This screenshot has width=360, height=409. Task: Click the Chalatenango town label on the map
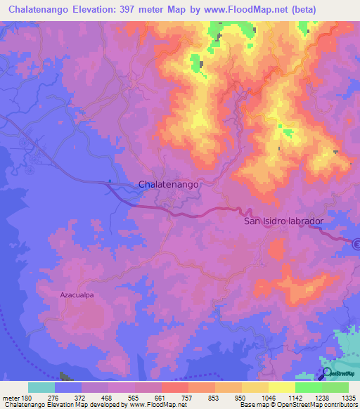pos(169,184)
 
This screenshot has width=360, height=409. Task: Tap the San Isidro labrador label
pos(283,221)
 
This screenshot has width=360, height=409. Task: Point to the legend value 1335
pos(348,398)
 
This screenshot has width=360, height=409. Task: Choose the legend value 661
pos(161,398)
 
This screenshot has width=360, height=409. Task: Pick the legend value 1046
pos(268,398)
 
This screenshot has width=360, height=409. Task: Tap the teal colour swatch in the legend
pos(41,387)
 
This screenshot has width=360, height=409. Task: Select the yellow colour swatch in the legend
pos(281,387)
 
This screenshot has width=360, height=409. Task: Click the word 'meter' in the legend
pos(11,398)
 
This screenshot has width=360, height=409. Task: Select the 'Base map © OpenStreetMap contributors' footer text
pos(298,405)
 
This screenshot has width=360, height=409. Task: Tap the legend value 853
pos(214,398)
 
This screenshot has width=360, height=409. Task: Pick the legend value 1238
pos(321,398)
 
